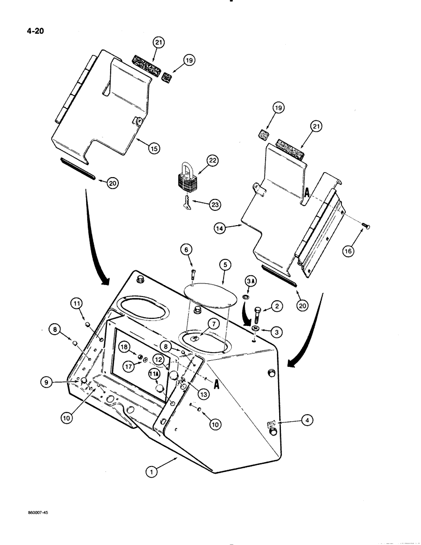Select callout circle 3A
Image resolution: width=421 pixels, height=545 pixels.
250,281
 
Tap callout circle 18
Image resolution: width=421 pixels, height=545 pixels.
124,347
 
